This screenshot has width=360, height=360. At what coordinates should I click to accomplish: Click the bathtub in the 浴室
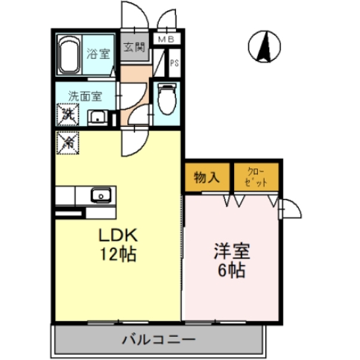72,54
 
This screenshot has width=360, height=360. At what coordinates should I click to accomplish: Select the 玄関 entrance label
134,48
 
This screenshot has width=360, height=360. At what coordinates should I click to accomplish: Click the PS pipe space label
174,63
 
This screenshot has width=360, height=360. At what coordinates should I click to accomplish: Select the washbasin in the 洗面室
97,116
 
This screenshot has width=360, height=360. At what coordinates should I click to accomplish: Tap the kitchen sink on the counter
100,195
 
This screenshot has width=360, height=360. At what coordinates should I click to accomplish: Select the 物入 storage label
206,177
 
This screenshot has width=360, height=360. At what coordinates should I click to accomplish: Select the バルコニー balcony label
157,339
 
